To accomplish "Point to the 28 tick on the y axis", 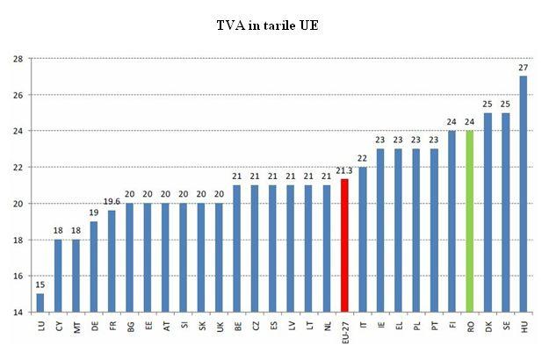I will [18, 59].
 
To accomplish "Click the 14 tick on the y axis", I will [18, 312].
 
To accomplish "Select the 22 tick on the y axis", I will [18, 167].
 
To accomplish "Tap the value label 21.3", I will [344, 171].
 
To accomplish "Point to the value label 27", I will [524, 68].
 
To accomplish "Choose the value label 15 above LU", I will [40, 284].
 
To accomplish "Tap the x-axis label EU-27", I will [344, 331].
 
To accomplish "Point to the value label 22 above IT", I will [362, 158].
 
